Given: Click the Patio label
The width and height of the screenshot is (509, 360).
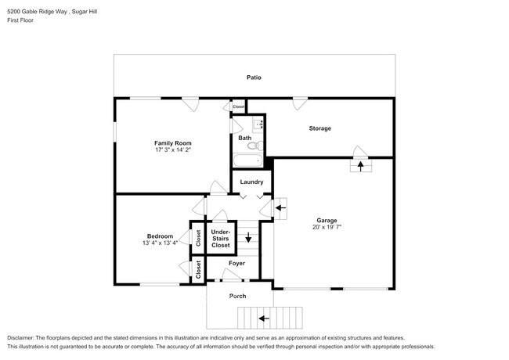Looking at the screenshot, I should click(254, 77).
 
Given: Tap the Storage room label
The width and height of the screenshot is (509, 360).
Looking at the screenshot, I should click(319, 128).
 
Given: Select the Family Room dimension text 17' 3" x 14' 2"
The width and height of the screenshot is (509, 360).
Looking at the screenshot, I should click(172, 150).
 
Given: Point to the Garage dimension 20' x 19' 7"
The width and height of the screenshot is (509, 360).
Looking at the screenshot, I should click(327, 228).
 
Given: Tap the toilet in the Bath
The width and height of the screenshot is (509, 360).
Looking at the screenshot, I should click(251, 145).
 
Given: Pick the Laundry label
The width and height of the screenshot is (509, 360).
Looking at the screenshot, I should click(251, 182).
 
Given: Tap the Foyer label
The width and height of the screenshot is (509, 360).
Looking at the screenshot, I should click(236, 263).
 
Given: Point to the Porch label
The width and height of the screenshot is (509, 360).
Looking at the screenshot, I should click(237, 296).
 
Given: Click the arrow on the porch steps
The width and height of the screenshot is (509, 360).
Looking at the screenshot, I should click(263, 319).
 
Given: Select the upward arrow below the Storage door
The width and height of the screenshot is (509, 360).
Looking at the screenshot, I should click(360, 165).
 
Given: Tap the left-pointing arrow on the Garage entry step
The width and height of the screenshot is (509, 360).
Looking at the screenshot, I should click(280, 208).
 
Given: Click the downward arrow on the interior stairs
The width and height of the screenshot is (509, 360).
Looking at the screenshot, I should click(248, 239).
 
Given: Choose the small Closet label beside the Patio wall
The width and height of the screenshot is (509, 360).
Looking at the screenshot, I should click(238, 106).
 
